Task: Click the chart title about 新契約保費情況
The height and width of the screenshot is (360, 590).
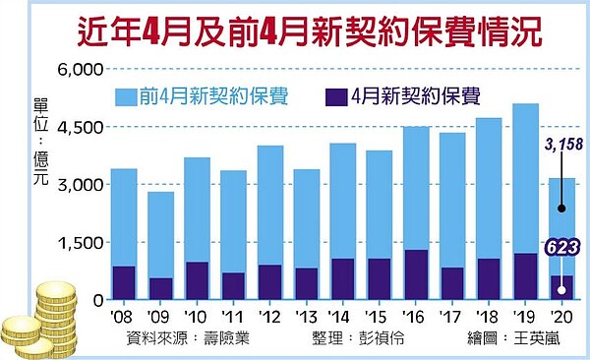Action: pos(295,27)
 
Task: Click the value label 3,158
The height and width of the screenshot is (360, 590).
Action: pos(560,146)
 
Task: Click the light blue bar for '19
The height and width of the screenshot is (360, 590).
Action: pos(525,177)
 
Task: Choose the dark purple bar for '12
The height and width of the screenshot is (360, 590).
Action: pos(269,281)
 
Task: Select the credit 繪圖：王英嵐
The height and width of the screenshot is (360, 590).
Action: pos(519,337)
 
